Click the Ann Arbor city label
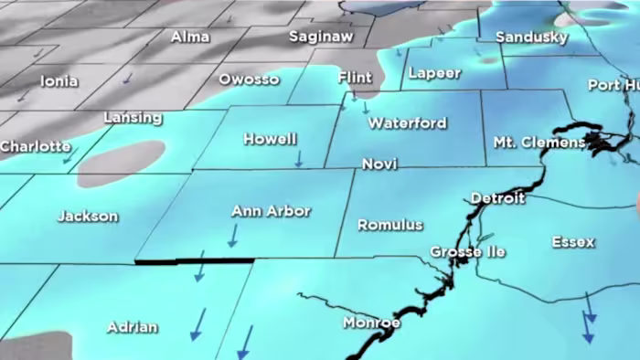pyautogui.click(x=271, y=211)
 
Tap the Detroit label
pyautogui.click(x=497, y=198)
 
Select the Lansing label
pyautogui.click(x=133, y=118)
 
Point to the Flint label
pyautogui.click(x=355, y=78)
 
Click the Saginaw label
pyautogui.click(x=321, y=37)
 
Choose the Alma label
pyautogui.click(x=190, y=37)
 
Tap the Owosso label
pyautogui.click(x=249, y=79)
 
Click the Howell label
pyautogui.click(x=270, y=140)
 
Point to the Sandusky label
pyautogui.click(x=531, y=37)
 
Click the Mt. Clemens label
pyautogui.click(x=539, y=143)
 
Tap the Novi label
pyautogui.click(x=379, y=164)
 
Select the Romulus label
pyautogui.click(x=390, y=225)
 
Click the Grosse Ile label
pyautogui.click(x=462, y=251)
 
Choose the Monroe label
pyautogui.click(x=371, y=323)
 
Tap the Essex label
pyautogui.click(x=573, y=242)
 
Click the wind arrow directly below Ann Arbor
pyautogui.click(x=232, y=236)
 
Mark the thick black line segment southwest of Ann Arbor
pyautogui.click(x=194, y=260)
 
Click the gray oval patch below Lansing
pyautogui.click(x=121, y=163)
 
